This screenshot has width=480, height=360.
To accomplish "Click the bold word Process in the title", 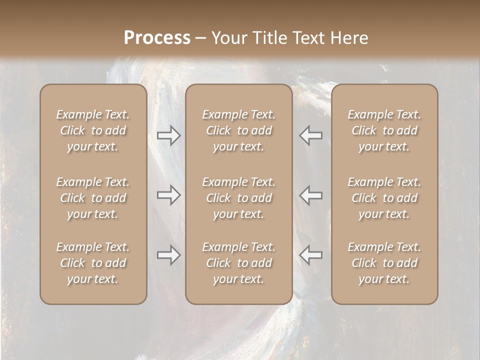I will [x=157, y=38].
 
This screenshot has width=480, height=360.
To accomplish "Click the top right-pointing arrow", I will [x=168, y=135].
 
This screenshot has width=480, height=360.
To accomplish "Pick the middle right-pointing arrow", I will [x=168, y=195].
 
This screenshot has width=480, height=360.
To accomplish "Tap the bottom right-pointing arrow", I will [x=168, y=255].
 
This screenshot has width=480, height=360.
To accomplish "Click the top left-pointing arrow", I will [x=311, y=135].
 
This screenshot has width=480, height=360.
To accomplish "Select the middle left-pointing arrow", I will [x=311, y=195].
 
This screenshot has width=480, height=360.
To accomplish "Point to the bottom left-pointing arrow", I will [x=311, y=255].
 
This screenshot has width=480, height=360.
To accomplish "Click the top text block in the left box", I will [x=93, y=130].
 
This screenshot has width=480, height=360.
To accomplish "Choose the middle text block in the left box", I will [x=93, y=198].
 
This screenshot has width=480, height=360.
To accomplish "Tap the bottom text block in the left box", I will [x=93, y=263].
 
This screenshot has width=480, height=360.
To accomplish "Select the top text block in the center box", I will [x=238, y=130].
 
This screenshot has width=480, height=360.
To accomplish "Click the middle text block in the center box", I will [x=238, y=198].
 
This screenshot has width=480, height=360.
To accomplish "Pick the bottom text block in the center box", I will [x=238, y=263].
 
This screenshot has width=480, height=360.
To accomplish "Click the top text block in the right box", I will [x=384, y=130].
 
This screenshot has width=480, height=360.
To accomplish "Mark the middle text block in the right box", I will [x=384, y=198].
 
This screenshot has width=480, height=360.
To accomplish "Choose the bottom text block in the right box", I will [x=384, y=263].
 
